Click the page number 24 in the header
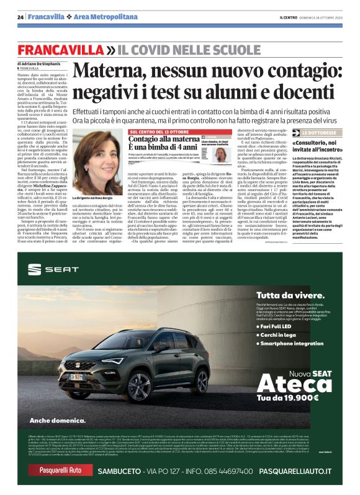click(20, 17)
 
